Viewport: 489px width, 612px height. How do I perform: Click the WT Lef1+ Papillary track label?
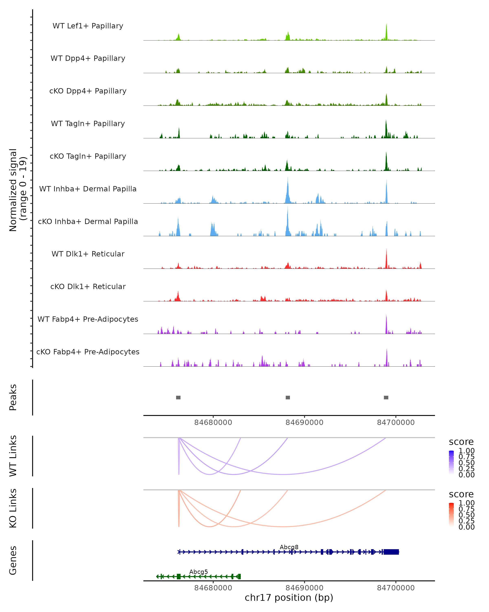click(88, 26)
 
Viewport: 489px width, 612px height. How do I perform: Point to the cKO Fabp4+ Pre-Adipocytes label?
click(88, 352)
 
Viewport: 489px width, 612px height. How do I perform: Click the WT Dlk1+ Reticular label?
click(88, 254)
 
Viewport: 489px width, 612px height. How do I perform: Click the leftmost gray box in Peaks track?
click(178, 397)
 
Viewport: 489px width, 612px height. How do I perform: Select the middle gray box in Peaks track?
click(288, 397)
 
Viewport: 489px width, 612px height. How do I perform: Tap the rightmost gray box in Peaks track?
click(386, 397)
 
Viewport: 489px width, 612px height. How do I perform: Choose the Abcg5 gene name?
click(198, 572)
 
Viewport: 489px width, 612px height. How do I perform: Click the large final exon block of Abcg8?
click(391, 552)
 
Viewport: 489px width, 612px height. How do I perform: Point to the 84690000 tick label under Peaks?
click(304, 422)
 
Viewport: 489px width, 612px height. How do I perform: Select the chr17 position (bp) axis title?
click(289, 598)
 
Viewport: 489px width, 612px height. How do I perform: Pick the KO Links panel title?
click(13, 508)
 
